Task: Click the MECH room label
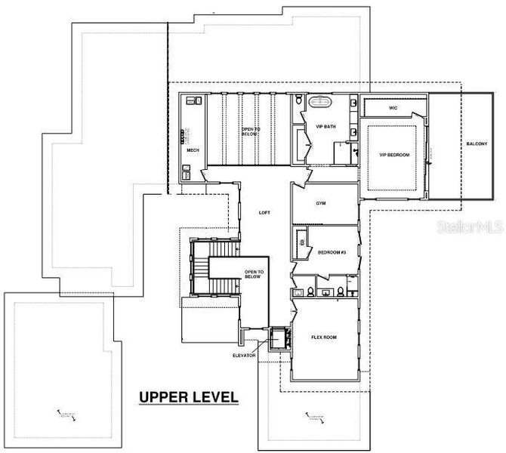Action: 192,149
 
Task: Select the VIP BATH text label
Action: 326,126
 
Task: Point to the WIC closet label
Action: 393,108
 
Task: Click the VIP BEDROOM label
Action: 393,155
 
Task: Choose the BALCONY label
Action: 476,143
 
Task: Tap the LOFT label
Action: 264,212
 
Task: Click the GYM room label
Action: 319,205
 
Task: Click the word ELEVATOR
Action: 244,355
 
